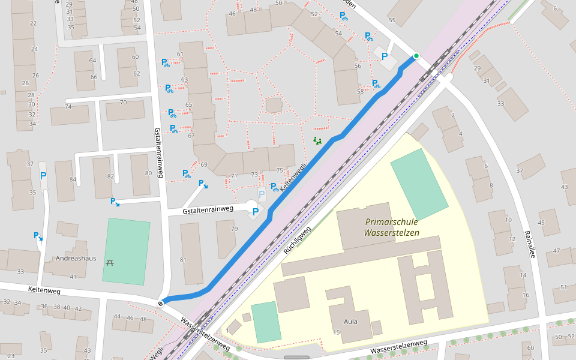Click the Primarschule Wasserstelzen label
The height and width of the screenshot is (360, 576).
pos(392,227)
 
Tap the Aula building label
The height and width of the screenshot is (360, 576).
pos(350,322)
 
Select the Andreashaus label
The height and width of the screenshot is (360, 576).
pos(76,259)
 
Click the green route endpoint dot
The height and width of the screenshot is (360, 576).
pos(416,56)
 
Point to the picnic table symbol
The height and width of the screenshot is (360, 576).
pos(110,262)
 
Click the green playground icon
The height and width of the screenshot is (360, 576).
pos(317,141)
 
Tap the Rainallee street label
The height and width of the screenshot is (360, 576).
pos(529,244)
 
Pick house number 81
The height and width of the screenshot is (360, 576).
pos(182,260)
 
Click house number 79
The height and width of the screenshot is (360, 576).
pos(235,229)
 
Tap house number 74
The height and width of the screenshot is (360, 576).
pos(68,107)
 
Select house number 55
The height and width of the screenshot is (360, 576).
pos(392,20)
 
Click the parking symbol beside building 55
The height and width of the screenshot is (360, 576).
pos(385,56)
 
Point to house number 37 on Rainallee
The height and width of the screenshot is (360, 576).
pos(519,171)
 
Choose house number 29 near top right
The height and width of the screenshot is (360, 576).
pos(478,69)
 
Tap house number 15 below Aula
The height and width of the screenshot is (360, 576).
pos(337,332)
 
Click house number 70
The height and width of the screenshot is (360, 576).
pos(124,103)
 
